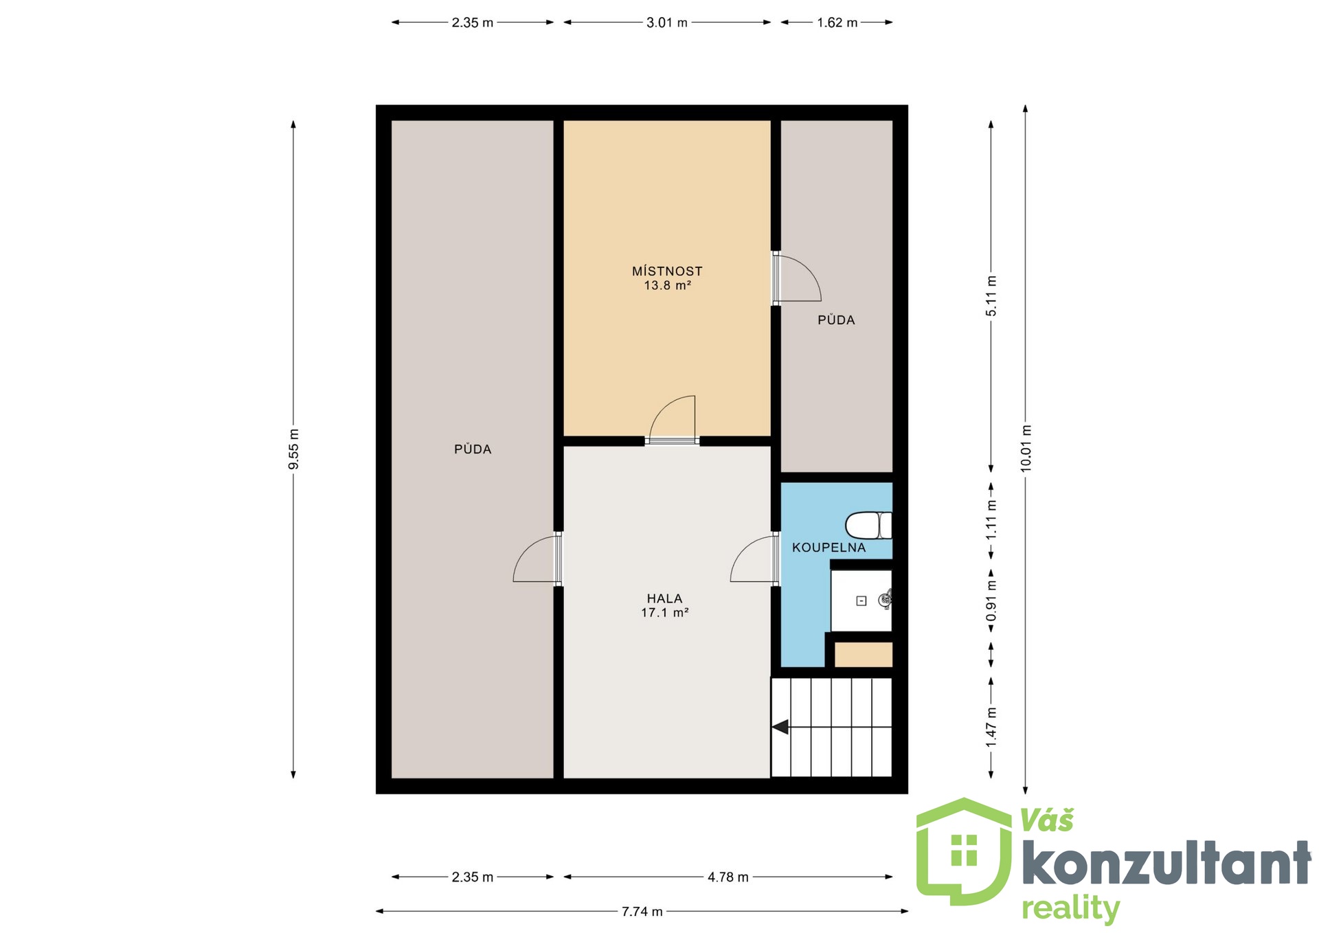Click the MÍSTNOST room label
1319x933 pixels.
[667, 271]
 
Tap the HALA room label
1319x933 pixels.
[664, 598]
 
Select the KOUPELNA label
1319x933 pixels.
[828, 548]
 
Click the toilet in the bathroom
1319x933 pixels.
[868, 526]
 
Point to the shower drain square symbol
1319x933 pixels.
[861, 600]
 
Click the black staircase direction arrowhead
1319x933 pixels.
[780, 726]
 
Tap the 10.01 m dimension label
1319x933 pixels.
[1026, 448]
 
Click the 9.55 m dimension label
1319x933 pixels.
[293, 449]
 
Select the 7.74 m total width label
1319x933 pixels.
[642, 911]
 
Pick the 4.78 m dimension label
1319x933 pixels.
[728, 877]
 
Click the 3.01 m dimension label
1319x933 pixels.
[667, 23]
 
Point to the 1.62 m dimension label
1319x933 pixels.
[837, 23]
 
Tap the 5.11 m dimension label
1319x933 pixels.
[991, 296]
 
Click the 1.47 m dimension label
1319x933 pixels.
[991, 727]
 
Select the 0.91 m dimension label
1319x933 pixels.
[991, 600]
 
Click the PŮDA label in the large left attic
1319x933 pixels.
[473, 449]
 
